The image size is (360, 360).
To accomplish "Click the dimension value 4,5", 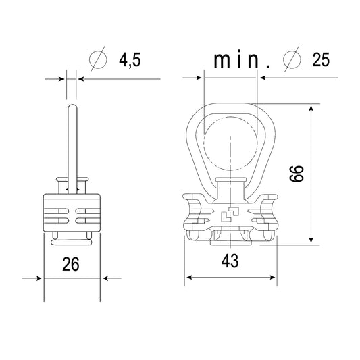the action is coord(130,60).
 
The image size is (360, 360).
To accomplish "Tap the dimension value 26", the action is coord(71,264).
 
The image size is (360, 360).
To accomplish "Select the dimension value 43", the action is coord(230,261).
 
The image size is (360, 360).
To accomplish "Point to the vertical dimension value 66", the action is coord(297,174).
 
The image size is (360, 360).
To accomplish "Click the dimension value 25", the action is coord(321,59).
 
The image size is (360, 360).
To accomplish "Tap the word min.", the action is coord(242,60).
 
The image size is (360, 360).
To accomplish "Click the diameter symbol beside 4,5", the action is coord(98,59).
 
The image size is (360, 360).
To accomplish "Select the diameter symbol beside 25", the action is coord(292,59).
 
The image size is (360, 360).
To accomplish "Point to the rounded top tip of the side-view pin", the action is coord(72,105).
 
